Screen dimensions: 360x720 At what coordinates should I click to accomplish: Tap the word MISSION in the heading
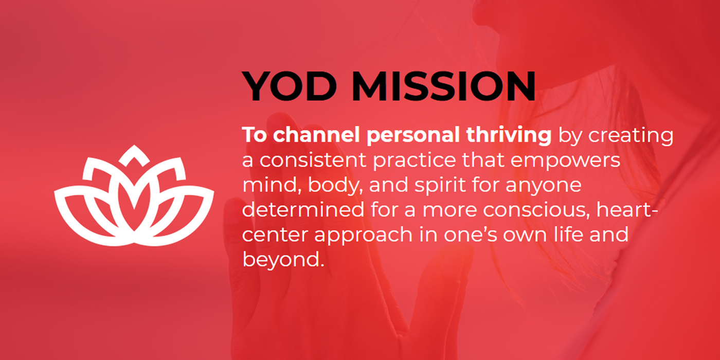444,86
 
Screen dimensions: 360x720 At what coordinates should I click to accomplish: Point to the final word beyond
283,260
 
